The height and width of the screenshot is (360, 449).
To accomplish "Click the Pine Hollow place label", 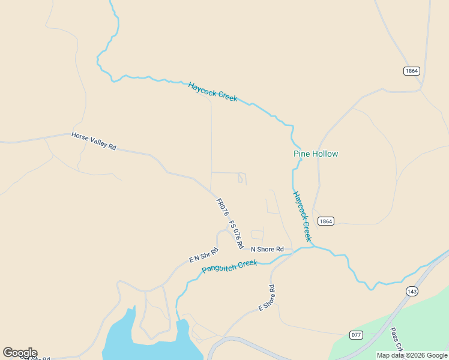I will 316,154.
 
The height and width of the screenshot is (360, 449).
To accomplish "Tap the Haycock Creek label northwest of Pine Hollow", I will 212,92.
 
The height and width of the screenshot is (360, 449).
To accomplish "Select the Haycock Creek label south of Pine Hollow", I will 303,216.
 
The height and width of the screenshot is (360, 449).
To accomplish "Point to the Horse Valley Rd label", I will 94,141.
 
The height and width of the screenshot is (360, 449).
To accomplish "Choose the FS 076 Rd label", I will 236,235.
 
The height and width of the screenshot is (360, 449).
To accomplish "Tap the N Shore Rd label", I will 267,249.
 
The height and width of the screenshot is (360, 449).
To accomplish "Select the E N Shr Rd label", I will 203,255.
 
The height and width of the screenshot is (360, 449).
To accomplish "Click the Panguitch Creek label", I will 229,266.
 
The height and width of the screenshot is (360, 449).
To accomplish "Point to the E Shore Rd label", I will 267,298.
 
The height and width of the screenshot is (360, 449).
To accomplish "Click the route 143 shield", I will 412,291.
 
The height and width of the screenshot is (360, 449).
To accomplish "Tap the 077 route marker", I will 357,334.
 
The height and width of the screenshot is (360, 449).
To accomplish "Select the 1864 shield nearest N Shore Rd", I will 325,221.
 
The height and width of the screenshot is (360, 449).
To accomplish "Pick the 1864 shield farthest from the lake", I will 411,71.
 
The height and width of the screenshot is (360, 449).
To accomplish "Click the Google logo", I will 20,353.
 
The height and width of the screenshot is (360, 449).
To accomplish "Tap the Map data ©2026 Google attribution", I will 412,355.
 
